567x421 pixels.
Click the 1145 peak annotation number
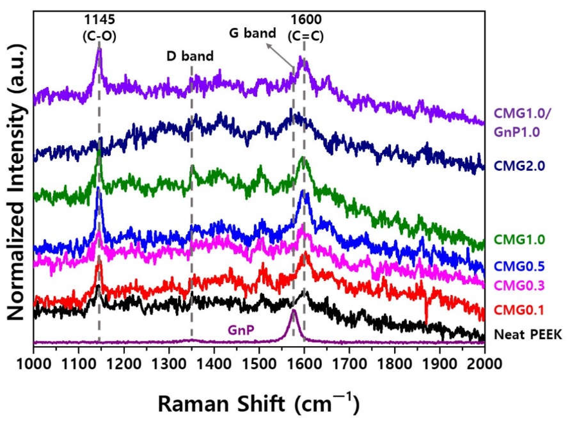(99, 20)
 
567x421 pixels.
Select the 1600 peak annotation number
(306, 20)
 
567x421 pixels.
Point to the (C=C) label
(306, 36)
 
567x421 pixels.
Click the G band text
(252, 33)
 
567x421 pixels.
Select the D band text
(190, 56)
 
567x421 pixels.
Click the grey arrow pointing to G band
(280, 55)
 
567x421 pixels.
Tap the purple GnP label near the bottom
(241, 331)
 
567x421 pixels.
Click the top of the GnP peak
(294, 310)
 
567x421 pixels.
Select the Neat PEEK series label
(528, 334)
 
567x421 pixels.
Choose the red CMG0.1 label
(519, 310)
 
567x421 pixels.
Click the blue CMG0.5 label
(519, 266)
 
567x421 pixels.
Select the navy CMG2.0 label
(519, 166)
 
